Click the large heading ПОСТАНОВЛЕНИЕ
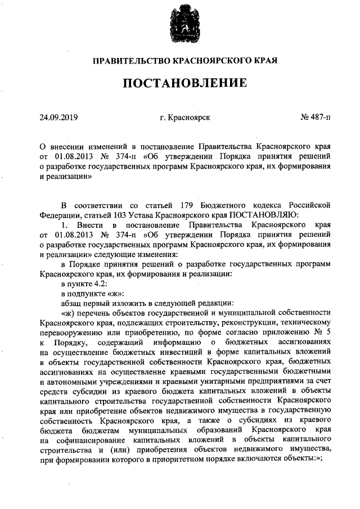(x=185, y=83)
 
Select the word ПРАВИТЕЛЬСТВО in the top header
(x=128, y=60)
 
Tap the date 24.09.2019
(x=58, y=118)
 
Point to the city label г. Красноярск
(x=185, y=118)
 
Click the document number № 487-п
(x=316, y=118)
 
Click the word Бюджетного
(x=224, y=203)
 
